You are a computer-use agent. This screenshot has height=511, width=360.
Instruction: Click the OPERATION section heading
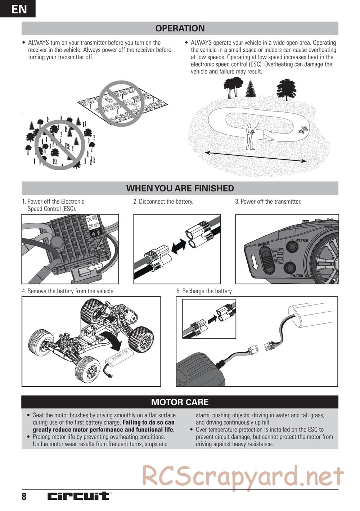[180, 28]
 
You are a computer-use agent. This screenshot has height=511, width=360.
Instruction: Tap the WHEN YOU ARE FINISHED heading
[180, 188]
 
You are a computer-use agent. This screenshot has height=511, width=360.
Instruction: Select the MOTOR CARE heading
[180, 402]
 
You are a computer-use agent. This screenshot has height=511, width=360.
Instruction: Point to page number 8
[24, 497]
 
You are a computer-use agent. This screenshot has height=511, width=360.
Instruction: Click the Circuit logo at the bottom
[79, 496]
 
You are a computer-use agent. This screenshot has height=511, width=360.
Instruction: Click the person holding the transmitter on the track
[249, 137]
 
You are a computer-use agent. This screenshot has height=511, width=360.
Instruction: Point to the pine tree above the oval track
[250, 89]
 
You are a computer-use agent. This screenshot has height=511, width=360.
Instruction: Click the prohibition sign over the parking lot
[121, 104]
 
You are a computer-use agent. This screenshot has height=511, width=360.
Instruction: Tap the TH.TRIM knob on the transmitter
[289, 268]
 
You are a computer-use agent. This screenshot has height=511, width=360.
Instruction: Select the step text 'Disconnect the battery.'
[163, 202]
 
